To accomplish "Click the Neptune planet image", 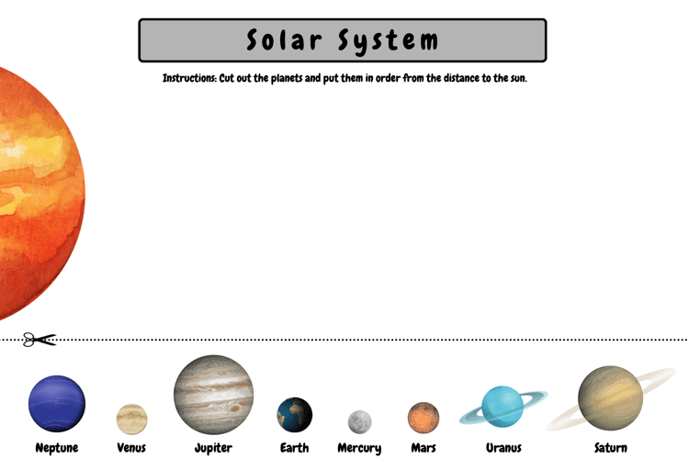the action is click(x=57, y=403).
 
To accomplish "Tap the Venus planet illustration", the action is click(x=131, y=420).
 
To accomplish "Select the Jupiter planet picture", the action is click(x=213, y=395).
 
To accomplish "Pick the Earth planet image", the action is click(x=294, y=415).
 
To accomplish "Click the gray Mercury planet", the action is click(x=359, y=421).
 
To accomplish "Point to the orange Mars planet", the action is click(x=424, y=418).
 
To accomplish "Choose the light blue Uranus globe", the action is click(x=503, y=407).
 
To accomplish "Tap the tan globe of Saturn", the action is click(x=610, y=398).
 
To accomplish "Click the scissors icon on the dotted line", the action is click(x=40, y=340).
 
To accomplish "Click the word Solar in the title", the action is click(x=284, y=40).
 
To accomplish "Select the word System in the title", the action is click(x=388, y=41).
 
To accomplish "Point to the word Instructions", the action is click(x=189, y=78).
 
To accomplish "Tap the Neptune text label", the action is click(x=57, y=448).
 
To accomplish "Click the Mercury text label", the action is click(x=359, y=449).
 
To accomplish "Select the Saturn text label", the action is click(x=611, y=448).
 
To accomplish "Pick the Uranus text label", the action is click(x=503, y=448).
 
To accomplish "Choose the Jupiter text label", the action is click(x=213, y=448).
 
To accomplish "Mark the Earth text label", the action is click(x=294, y=448).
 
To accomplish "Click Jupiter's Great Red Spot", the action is click(x=234, y=408).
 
